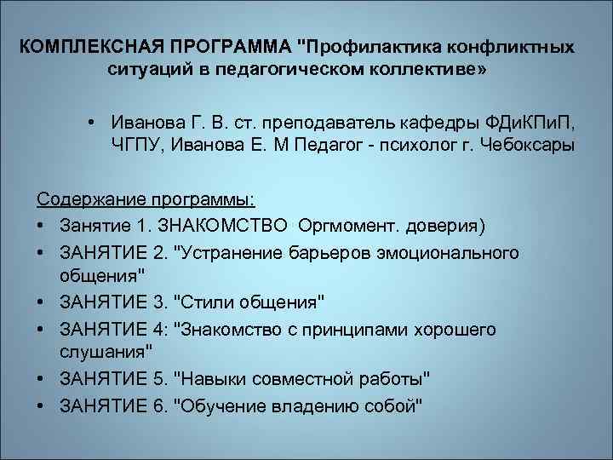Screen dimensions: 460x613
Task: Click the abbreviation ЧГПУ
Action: coord(136,144)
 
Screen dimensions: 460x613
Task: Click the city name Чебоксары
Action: coord(520,144)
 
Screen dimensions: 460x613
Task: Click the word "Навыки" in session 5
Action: coord(204,377)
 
